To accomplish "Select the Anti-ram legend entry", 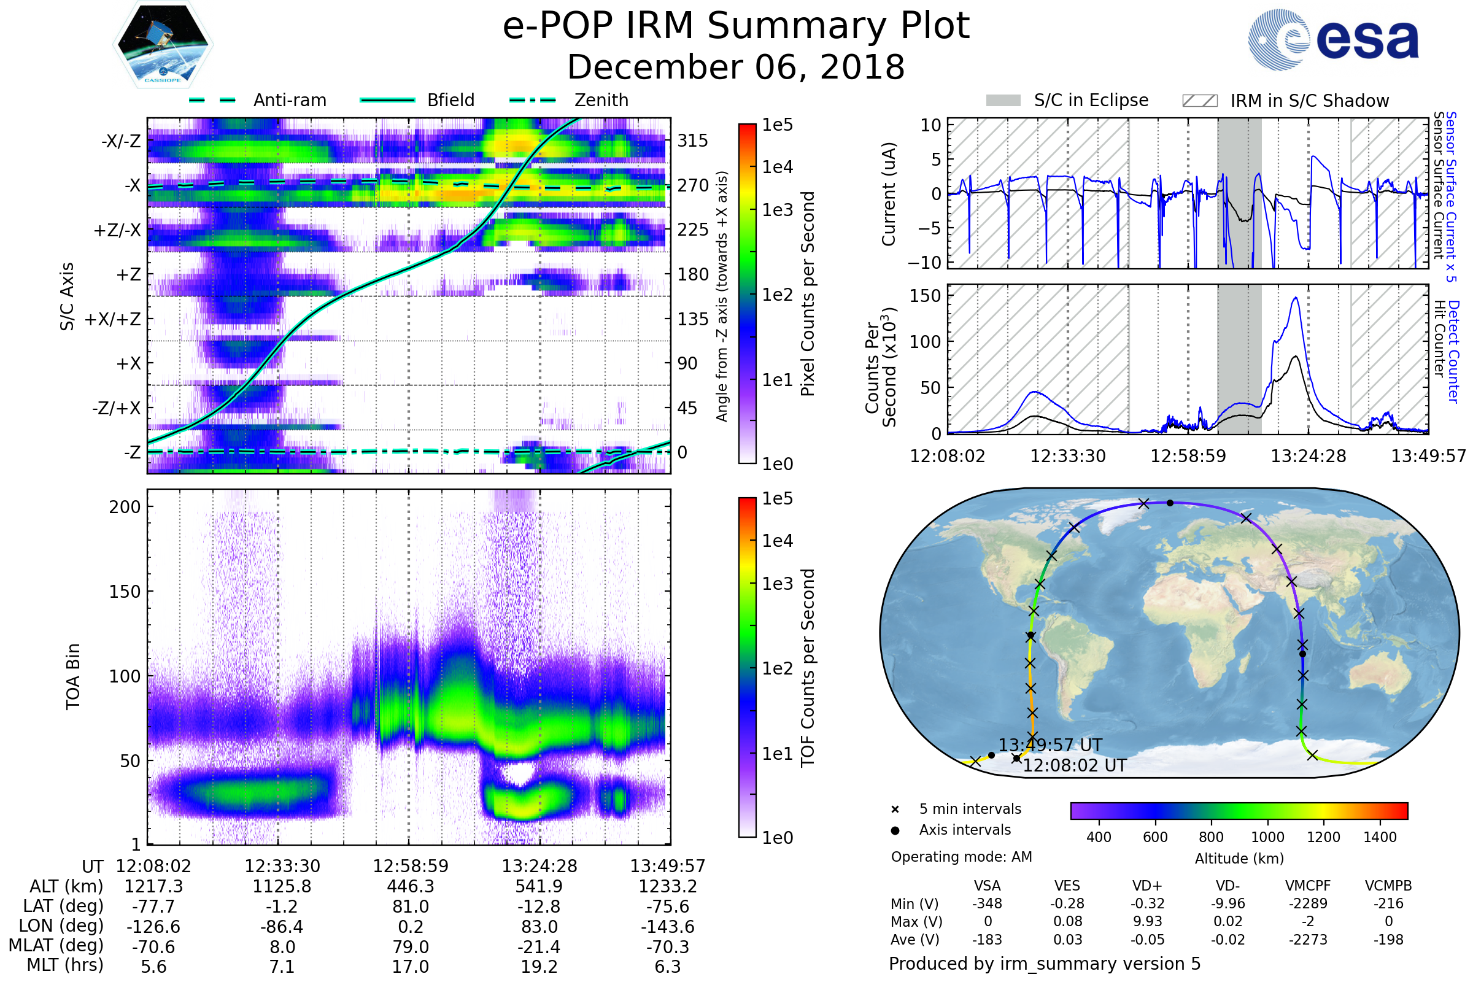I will pyautogui.click(x=289, y=100).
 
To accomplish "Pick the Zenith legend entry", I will pyautogui.click(x=601, y=100).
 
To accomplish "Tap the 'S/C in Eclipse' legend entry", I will pyautogui.click(x=1091, y=100).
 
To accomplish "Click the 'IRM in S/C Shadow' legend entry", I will pyautogui.click(x=1309, y=101).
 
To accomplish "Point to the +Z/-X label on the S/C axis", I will pyautogui.click(x=117, y=231).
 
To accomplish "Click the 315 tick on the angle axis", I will pyautogui.click(x=692, y=141).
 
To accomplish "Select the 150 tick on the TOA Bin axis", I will pyautogui.click(x=125, y=592).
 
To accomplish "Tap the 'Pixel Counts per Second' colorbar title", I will pyautogui.click(x=808, y=293).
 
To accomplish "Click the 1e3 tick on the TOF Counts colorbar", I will pyautogui.click(x=777, y=584).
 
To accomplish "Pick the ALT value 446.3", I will pyautogui.click(x=411, y=886).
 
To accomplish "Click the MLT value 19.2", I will pyautogui.click(x=539, y=966).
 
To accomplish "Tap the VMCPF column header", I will pyautogui.click(x=1308, y=886).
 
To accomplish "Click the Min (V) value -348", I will pyautogui.click(x=987, y=903).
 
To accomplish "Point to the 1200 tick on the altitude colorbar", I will pyautogui.click(x=1323, y=837).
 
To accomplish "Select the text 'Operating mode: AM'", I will pyautogui.click(x=961, y=857).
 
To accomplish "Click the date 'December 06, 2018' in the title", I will pyautogui.click(x=736, y=67).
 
